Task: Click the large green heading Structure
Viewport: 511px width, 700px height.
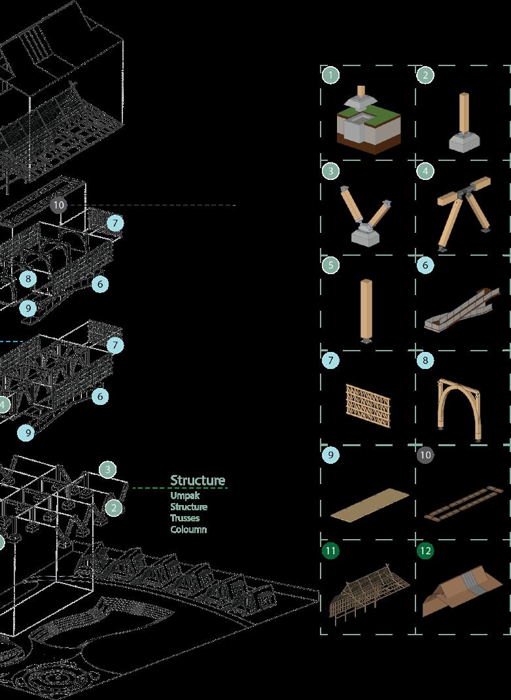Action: click(x=198, y=481)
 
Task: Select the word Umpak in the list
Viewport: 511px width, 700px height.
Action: click(x=185, y=496)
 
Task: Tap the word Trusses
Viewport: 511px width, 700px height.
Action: click(x=185, y=518)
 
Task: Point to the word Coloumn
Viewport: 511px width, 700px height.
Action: click(x=189, y=529)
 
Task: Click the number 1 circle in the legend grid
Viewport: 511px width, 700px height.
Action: click(x=331, y=75)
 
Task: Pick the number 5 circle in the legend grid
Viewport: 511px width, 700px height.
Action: click(x=331, y=265)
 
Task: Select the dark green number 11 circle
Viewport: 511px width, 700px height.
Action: click(x=331, y=550)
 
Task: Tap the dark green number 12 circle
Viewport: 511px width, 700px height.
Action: click(x=425, y=550)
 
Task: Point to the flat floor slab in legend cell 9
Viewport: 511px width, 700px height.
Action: click(x=370, y=505)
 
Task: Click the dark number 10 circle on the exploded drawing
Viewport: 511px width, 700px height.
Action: click(x=59, y=205)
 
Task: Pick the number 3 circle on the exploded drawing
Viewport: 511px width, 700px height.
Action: click(x=108, y=469)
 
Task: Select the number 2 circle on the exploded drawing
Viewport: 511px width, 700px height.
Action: click(x=114, y=508)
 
